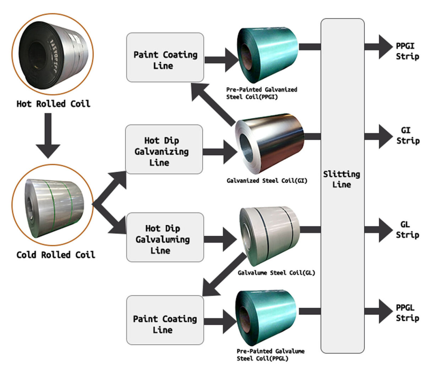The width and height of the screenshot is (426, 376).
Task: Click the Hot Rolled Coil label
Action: point(53,104)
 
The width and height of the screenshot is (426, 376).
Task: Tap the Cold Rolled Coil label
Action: point(56,255)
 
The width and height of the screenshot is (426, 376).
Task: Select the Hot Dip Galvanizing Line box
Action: point(164,149)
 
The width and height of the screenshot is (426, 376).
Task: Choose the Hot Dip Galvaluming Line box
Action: point(165,238)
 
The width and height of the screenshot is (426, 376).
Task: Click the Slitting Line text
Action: point(342,179)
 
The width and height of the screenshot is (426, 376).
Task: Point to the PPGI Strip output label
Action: point(407,51)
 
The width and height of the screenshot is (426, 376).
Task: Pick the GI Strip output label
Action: point(408,136)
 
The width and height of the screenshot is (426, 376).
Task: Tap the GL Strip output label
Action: point(407,229)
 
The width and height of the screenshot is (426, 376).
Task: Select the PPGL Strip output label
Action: point(407,313)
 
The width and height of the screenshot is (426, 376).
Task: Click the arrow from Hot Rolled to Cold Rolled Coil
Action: point(48,135)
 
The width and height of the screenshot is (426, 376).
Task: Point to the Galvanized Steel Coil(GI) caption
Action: point(267,181)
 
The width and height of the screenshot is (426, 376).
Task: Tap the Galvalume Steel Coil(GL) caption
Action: point(276,273)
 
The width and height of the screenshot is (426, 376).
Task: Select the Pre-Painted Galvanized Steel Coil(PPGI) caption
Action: point(262,93)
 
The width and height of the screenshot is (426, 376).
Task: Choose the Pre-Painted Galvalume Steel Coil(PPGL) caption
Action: point(271,355)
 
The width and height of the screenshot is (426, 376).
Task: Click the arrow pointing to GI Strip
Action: point(379,136)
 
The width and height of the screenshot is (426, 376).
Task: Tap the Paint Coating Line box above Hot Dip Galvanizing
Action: point(165,57)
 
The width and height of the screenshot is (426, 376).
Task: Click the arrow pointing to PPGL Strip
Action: point(379,311)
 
